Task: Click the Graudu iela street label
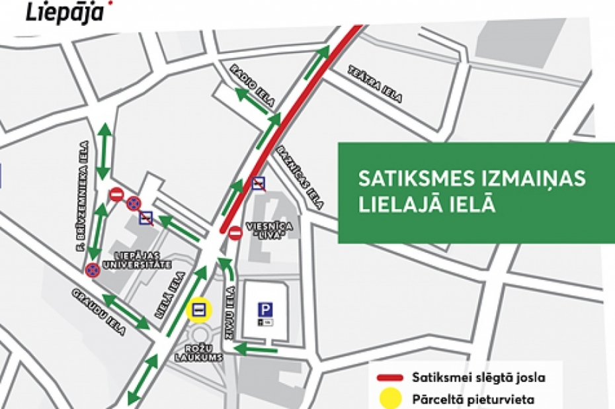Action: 97,314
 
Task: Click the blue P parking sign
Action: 265,309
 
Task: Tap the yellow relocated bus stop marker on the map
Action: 198,309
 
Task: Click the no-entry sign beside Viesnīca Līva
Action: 235,233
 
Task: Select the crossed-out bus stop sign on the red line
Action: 259,183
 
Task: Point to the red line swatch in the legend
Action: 395,379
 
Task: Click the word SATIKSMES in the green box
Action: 411,179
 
